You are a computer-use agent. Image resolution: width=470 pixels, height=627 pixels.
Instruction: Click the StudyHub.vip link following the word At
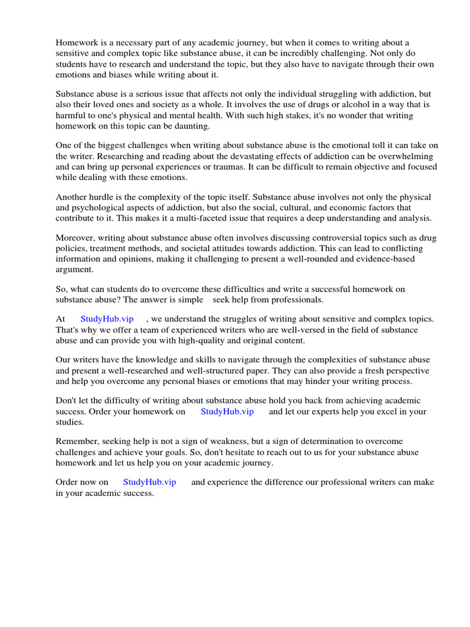click(107, 319)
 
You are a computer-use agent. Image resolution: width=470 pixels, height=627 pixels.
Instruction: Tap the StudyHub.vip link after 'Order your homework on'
click(227, 411)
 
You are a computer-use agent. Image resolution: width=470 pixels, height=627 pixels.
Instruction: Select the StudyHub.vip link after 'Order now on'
click(149, 482)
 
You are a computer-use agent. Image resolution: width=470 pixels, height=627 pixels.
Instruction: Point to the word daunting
click(191, 126)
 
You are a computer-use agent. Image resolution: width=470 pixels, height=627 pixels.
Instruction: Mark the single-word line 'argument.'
click(75, 269)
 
